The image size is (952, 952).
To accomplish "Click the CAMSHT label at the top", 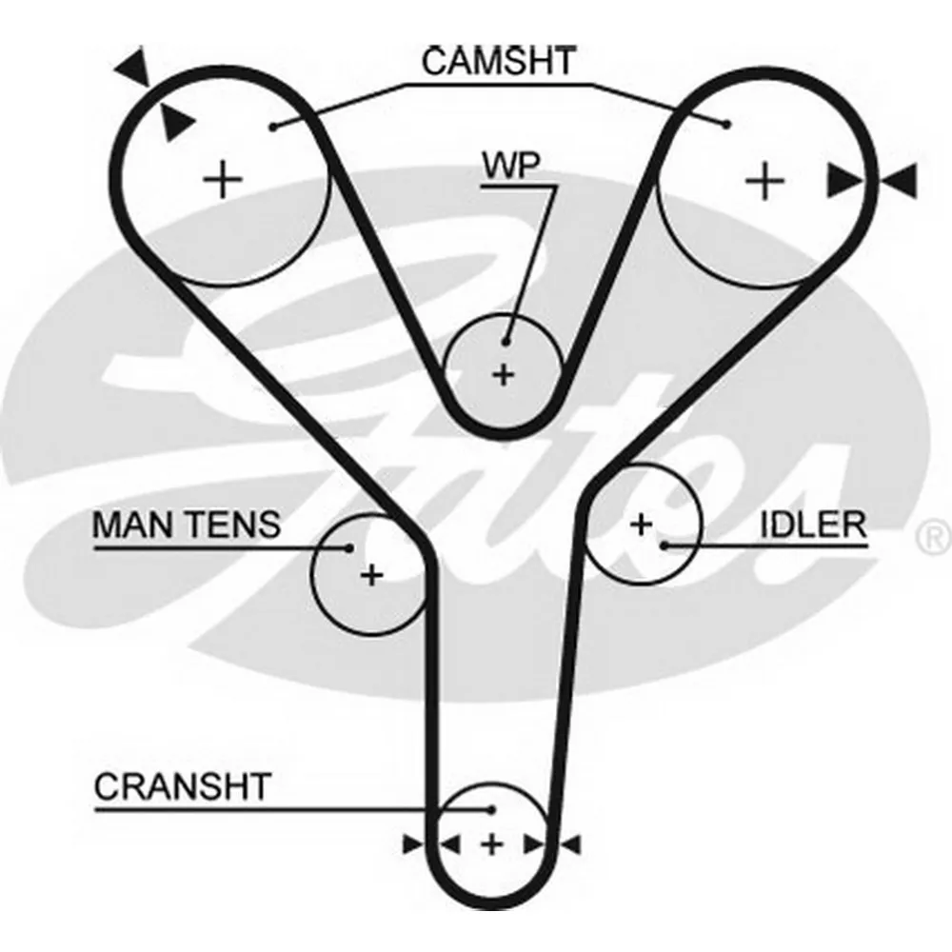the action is point(499,61).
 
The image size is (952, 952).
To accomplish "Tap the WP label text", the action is point(510,165).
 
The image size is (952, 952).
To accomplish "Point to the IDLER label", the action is point(814,526).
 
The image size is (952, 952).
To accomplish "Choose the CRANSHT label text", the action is point(182,787).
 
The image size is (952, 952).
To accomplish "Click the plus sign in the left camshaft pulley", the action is point(223,180).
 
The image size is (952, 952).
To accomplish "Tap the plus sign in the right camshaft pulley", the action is point(764,181).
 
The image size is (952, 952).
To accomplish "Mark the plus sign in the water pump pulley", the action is point(504,374).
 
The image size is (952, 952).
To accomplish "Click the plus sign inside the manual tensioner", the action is point(371,574).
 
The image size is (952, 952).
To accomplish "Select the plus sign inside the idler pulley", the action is point(641,524).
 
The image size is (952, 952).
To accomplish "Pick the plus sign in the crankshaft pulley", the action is point(492,844).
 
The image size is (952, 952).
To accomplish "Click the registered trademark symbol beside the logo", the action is point(935,537).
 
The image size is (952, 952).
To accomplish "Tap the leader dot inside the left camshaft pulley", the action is point(274,127).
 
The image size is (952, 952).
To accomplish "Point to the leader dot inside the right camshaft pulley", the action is point(726,125).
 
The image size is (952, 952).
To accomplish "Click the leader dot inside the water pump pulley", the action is point(506,343).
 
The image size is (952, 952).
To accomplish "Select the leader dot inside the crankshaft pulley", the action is point(492,809).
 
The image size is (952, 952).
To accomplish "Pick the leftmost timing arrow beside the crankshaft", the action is point(413,844).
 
